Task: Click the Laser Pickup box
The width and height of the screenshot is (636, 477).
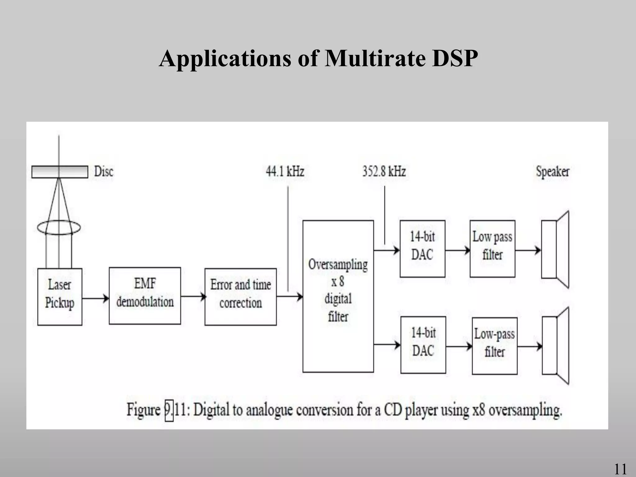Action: (x=60, y=297)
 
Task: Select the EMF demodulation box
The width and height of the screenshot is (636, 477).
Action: (x=145, y=295)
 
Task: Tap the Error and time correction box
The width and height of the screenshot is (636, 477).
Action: (x=240, y=297)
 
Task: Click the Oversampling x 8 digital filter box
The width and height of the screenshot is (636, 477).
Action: (x=338, y=296)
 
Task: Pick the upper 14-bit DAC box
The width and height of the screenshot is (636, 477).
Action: (x=422, y=248)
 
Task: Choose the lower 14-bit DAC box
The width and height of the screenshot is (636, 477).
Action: (x=423, y=345)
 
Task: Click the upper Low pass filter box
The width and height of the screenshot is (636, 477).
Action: (x=492, y=248)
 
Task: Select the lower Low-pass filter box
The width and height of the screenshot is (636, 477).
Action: (x=494, y=345)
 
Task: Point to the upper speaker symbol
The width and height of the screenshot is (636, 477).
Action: (x=555, y=249)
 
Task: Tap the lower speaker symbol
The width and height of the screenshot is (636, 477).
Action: (x=556, y=346)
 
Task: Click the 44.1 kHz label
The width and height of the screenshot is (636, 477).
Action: (x=285, y=171)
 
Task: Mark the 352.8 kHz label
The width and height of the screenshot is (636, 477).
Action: (x=384, y=171)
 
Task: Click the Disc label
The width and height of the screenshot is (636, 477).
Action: (x=104, y=171)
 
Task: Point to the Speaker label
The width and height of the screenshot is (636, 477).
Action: (x=552, y=171)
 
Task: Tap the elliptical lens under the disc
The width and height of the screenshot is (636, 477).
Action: (x=59, y=228)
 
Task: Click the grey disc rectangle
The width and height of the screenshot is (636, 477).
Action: (x=60, y=172)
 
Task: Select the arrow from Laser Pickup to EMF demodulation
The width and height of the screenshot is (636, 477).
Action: (x=95, y=298)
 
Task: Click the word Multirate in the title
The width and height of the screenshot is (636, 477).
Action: (x=375, y=58)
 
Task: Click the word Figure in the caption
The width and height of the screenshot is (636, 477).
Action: (x=143, y=410)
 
